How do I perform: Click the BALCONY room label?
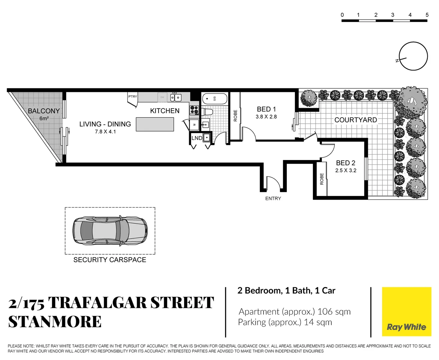pyautogui.click(x=44, y=111)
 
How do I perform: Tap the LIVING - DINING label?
pyautogui.click(x=105, y=124)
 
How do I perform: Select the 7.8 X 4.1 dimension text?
pyautogui.click(x=105, y=132)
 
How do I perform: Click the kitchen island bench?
pyautogui.click(x=155, y=124)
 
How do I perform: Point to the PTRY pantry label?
pyautogui.click(x=132, y=97)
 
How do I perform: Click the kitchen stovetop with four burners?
pyautogui.click(x=194, y=110)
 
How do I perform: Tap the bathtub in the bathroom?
pyautogui.click(x=214, y=99)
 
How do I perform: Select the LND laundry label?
pyautogui.click(x=196, y=138)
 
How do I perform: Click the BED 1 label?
pyautogui.click(x=266, y=109)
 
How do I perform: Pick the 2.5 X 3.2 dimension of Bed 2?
pyautogui.click(x=346, y=170)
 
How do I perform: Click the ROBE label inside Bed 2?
pyautogui.click(x=322, y=179)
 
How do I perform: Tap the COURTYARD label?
pyautogui.click(x=356, y=120)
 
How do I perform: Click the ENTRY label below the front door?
pyautogui.click(x=273, y=198)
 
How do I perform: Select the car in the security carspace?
pyautogui.click(x=110, y=231)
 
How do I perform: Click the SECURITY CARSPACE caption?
pyautogui.click(x=110, y=260)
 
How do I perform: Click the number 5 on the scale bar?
pyautogui.click(x=427, y=15)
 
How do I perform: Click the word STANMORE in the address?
pyautogui.click(x=55, y=322)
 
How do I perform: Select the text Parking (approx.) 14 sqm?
pyautogui.click(x=285, y=322)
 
